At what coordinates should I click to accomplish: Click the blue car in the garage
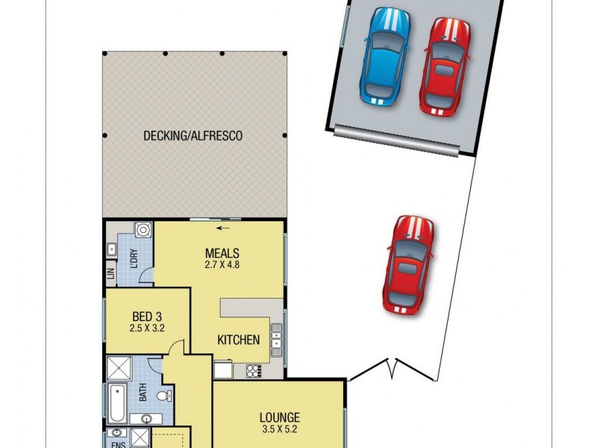pos(385,55)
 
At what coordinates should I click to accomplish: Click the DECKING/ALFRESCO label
pos(193,137)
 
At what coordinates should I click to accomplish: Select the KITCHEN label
pos(238,340)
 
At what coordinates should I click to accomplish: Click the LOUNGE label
pos(280,417)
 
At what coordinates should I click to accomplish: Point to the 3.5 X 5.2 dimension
pos(280,429)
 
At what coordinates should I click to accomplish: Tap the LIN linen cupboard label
pos(111,275)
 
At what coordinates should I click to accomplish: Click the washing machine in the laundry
pos(143,230)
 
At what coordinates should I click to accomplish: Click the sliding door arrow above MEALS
pos(222,228)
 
